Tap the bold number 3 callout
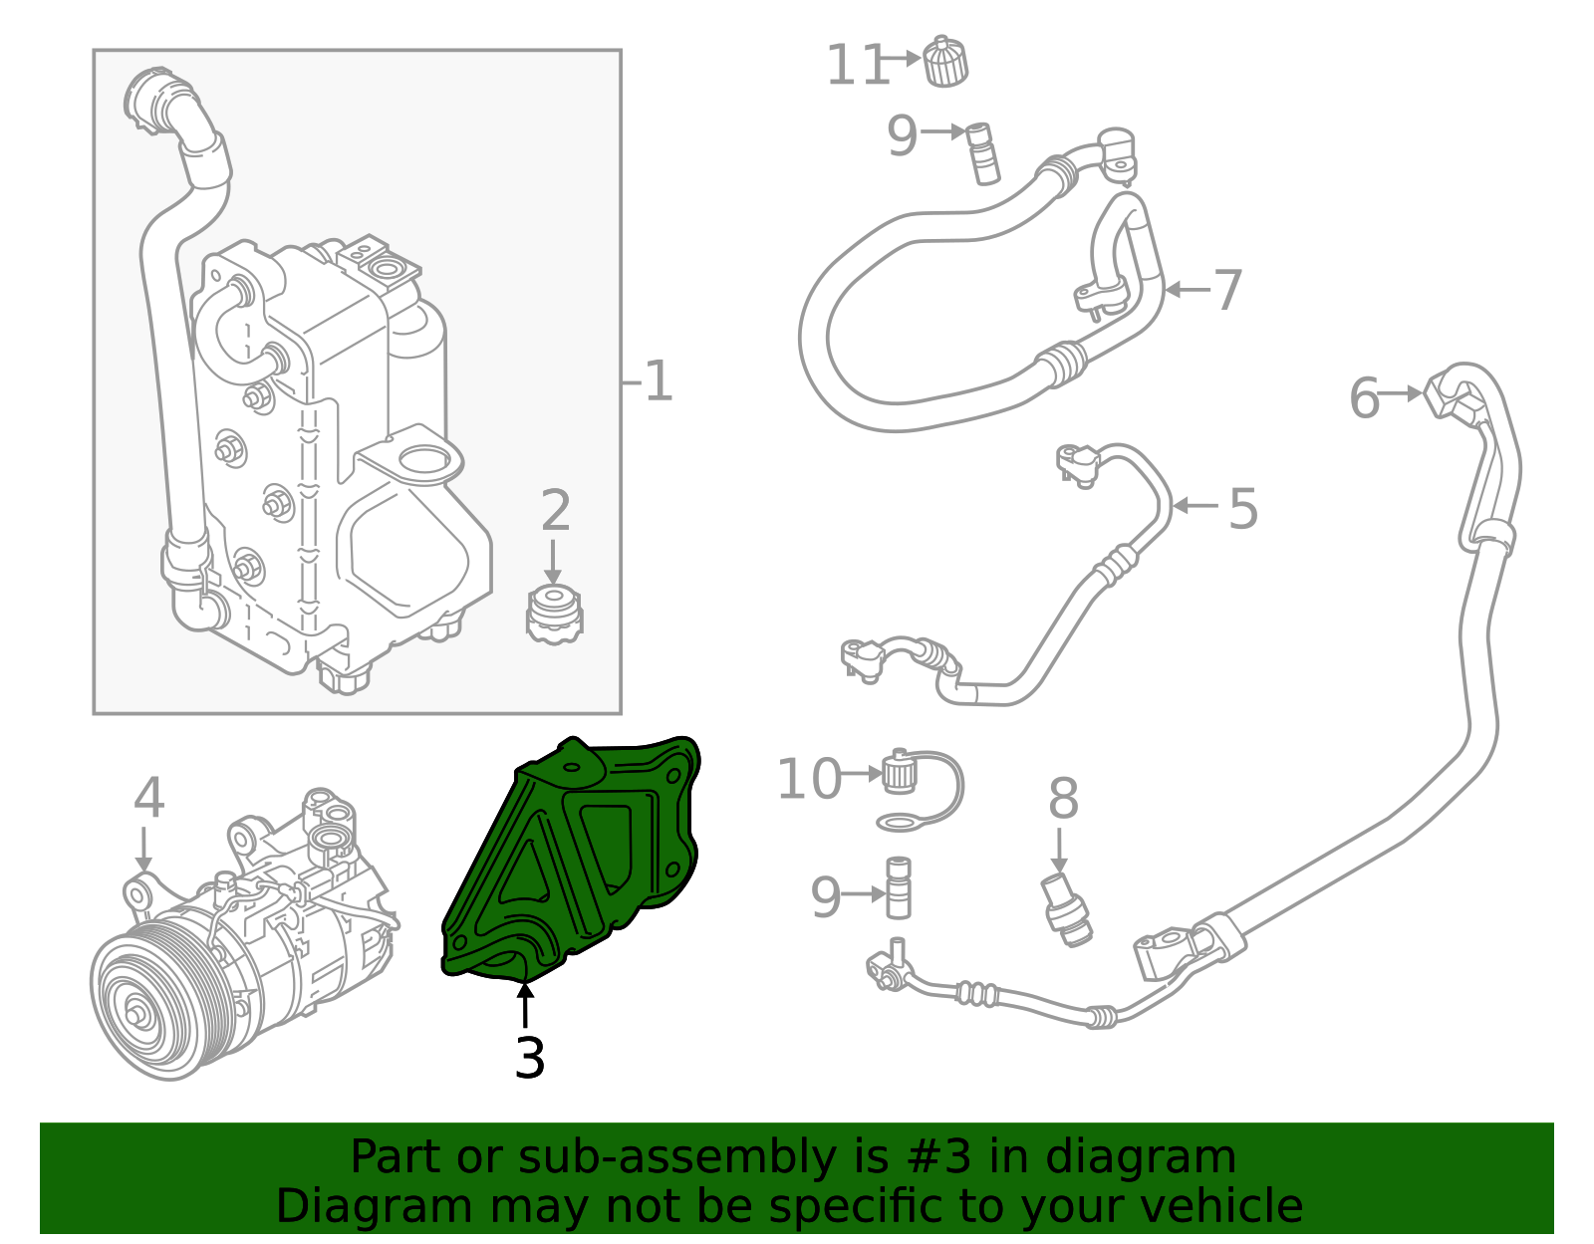(x=529, y=1058)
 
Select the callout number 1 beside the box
(x=658, y=381)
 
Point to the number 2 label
(x=555, y=510)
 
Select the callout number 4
(x=147, y=799)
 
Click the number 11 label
(x=857, y=66)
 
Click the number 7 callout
(x=1227, y=290)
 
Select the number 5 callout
(x=1242, y=508)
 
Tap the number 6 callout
(x=1364, y=397)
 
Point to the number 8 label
(x=1063, y=799)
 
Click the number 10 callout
(x=809, y=779)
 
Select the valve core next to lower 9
(x=898, y=886)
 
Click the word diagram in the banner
(x=1140, y=1157)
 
